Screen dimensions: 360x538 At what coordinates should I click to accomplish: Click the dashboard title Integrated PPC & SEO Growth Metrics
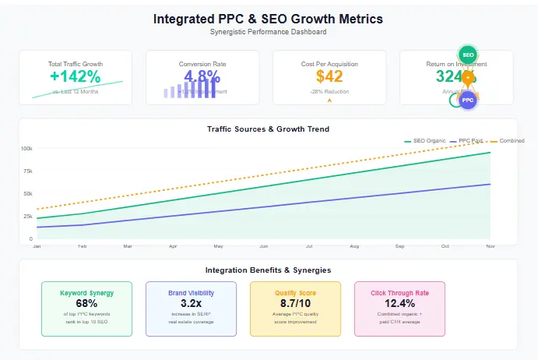(x=269, y=18)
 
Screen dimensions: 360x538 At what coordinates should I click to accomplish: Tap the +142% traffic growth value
(x=76, y=76)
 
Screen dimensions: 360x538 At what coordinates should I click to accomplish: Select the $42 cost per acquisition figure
(x=329, y=76)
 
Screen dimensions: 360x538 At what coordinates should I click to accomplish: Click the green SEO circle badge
(x=467, y=55)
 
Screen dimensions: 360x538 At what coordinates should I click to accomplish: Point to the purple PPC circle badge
(x=467, y=100)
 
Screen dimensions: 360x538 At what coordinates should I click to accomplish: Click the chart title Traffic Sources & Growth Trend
(x=269, y=129)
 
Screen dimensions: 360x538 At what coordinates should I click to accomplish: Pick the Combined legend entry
(x=511, y=140)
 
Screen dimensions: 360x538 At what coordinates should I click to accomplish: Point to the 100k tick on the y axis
(x=26, y=148)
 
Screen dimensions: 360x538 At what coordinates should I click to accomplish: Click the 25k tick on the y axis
(x=27, y=217)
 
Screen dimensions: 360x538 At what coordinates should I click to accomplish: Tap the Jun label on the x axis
(x=263, y=246)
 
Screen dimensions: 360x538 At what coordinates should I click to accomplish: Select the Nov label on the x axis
(x=490, y=246)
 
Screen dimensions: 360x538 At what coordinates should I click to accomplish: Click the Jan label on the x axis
(x=37, y=246)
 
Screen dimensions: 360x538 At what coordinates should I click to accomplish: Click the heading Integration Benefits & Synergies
(x=269, y=270)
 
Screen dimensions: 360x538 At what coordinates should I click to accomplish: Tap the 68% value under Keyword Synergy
(x=86, y=303)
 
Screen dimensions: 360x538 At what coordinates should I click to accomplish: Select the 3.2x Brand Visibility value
(x=191, y=303)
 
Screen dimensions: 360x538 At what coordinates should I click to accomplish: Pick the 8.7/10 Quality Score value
(x=295, y=303)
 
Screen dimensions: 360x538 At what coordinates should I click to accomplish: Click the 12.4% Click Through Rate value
(x=399, y=303)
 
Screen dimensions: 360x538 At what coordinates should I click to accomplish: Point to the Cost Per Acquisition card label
(x=329, y=64)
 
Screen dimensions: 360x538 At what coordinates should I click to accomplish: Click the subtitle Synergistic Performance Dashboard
(x=269, y=32)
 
